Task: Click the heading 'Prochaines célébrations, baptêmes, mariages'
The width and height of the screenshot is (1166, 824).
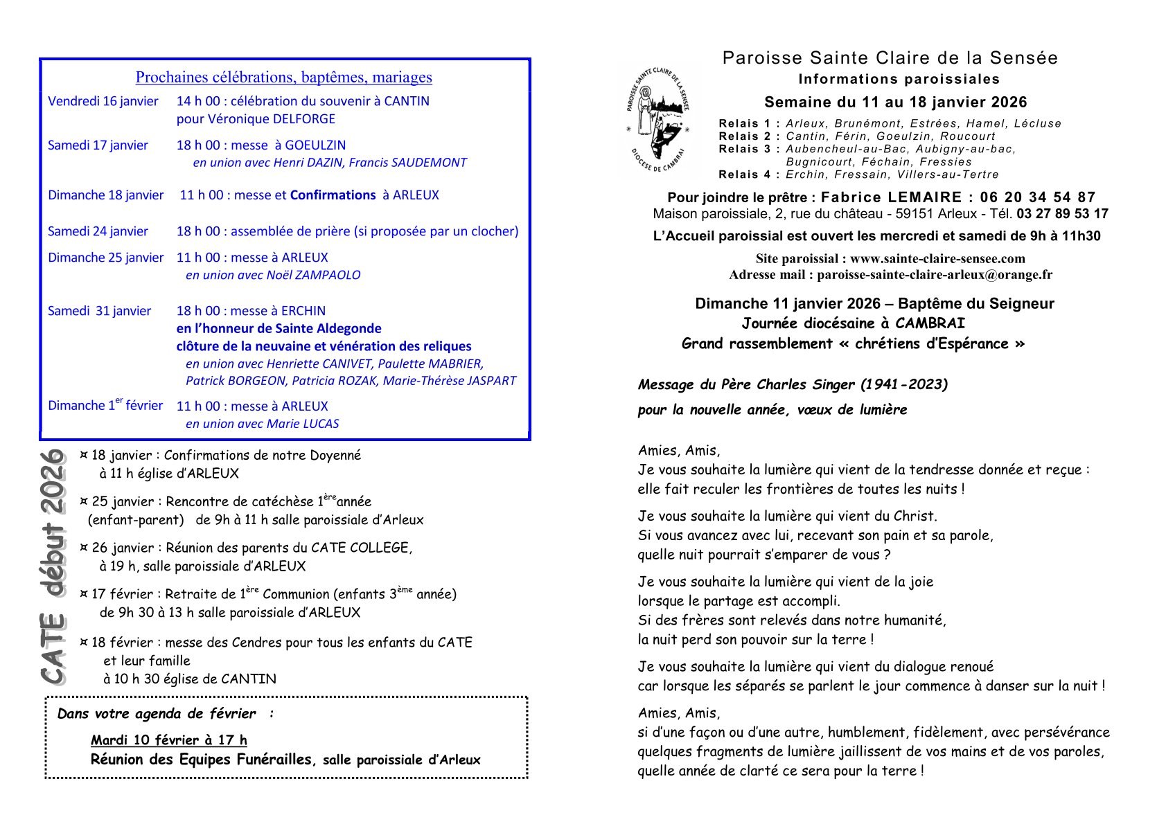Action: click(283, 78)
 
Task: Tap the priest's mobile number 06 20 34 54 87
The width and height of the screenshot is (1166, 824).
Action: click(1038, 197)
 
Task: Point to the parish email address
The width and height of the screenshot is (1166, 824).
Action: click(935, 274)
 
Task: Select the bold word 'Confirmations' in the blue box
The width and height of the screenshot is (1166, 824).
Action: click(333, 195)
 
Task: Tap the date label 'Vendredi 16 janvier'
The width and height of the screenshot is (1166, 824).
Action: click(103, 101)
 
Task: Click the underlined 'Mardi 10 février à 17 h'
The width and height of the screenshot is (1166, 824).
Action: click(168, 740)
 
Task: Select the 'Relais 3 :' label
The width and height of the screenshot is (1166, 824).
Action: click(750, 149)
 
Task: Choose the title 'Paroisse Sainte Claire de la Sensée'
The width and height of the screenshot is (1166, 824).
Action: click(890, 57)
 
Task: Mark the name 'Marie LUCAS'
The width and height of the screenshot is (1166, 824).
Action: click(303, 424)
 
